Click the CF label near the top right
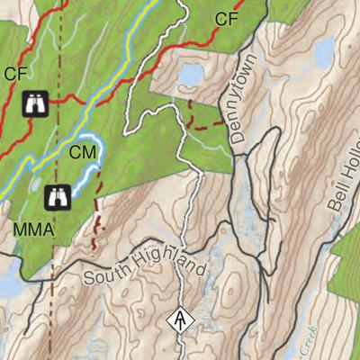coord(228,17)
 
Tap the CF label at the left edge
coord(16,75)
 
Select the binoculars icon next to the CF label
coord(34,105)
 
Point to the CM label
coord(83,154)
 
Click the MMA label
coord(34,231)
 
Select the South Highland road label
coord(145,262)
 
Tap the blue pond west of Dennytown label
coord(191,76)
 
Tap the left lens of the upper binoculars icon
coord(29,105)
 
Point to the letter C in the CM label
coord(76,154)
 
